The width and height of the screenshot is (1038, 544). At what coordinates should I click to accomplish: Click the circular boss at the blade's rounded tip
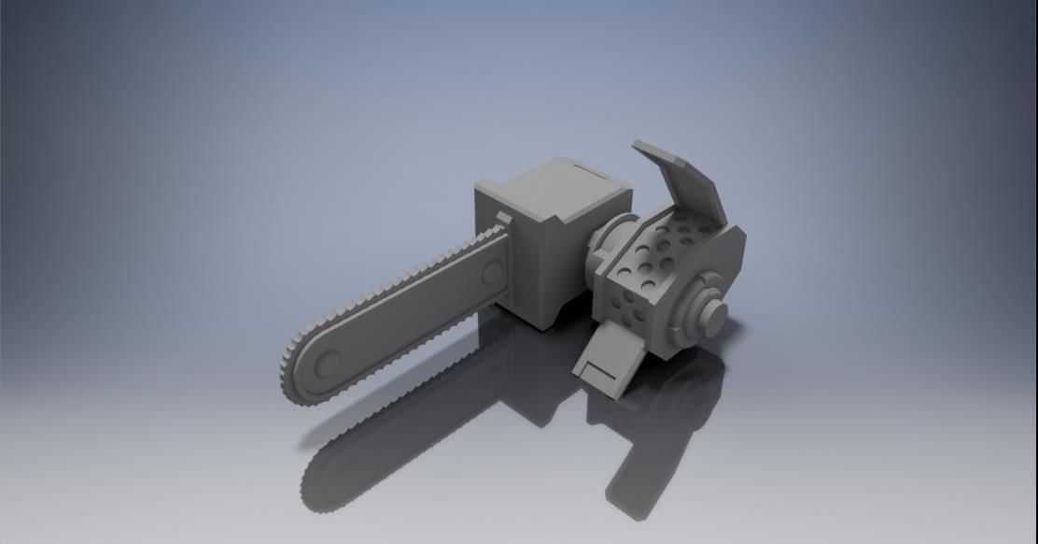point(325,365)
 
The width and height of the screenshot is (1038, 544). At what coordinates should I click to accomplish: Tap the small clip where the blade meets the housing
point(504,221)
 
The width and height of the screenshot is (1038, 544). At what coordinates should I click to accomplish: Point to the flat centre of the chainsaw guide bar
point(411,318)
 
